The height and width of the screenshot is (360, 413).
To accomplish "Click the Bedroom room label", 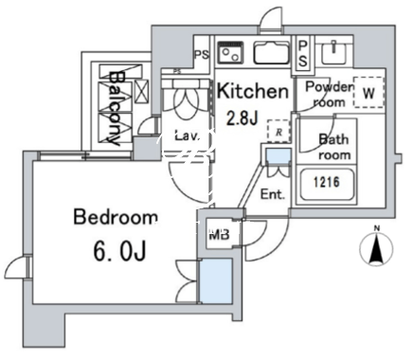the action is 116,217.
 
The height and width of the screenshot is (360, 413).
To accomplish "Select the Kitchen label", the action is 253,91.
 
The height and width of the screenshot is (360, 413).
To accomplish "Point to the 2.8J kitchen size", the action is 242,117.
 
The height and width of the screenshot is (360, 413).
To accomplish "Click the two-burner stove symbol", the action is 230,52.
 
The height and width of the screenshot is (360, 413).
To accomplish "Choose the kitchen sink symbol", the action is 272,53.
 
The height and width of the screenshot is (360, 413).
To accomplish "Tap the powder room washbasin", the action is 334,53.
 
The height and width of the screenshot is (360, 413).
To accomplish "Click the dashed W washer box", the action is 368,93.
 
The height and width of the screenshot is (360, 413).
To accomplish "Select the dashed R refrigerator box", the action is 278,131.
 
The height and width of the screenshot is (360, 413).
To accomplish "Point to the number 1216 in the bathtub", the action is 327,182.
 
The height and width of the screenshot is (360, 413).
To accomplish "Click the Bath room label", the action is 334,147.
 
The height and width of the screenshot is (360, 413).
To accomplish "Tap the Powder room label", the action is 329,94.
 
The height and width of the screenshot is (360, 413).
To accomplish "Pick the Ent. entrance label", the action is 273,194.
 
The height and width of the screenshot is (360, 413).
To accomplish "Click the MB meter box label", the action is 219,235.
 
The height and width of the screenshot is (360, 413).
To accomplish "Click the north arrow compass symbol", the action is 376,246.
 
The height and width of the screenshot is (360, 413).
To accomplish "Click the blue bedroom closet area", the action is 216,281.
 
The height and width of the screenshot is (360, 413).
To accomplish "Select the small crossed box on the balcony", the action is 141,92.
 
